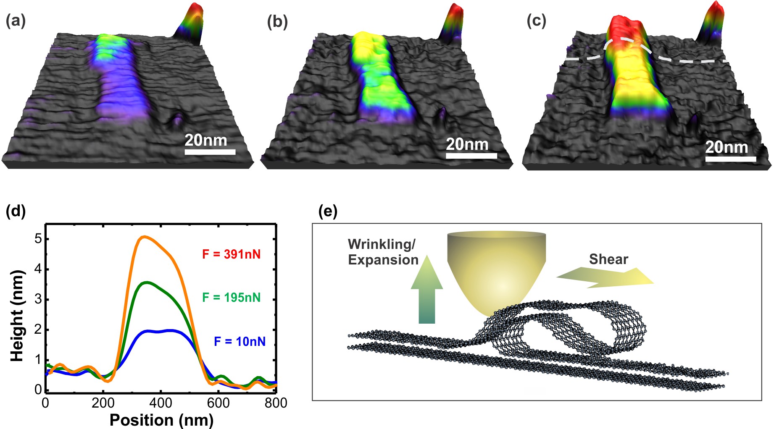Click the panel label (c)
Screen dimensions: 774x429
click(x=536, y=21)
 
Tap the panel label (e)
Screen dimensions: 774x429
click(x=328, y=212)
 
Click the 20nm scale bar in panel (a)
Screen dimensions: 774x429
click(x=210, y=152)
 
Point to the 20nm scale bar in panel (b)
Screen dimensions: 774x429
click(x=471, y=156)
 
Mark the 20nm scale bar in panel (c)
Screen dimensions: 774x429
click(x=731, y=159)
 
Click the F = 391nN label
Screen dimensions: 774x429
click(x=232, y=254)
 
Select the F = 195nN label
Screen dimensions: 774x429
click(x=232, y=298)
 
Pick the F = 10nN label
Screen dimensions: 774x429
click(x=240, y=342)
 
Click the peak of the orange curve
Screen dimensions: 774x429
click(x=144, y=237)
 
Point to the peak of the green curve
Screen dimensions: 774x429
click(x=146, y=283)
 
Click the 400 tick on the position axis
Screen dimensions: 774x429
click(x=161, y=403)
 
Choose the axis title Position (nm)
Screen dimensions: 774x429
click(x=162, y=420)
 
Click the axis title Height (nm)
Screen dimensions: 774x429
click(x=17, y=316)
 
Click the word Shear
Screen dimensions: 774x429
click(x=608, y=259)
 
